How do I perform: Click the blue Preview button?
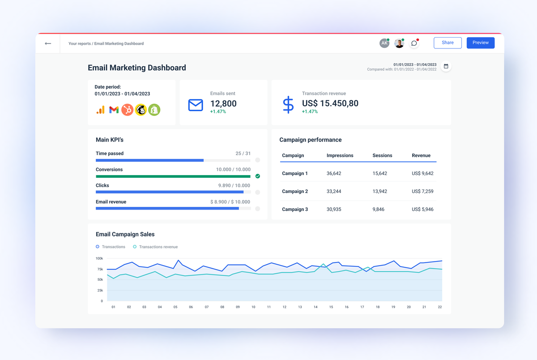(x=480, y=43)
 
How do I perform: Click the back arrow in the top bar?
(x=48, y=43)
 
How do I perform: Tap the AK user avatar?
(x=384, y=43)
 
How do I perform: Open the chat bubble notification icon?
(x=414, y=43)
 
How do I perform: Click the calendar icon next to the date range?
(x=446, y=66)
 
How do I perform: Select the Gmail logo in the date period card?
(x=114, y=110)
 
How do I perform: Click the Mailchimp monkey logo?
(x=141, y=110)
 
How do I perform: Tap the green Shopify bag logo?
(x=154, y=110)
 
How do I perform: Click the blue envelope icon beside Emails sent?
(x=196, y=105)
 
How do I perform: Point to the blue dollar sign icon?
(x=288, y=104)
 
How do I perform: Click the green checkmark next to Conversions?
(x=258, y=176)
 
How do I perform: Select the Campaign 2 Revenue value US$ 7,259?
(x=422, y=191)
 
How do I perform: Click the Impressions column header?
(x=340, y=155)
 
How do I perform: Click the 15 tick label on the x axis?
(x=331, y=307)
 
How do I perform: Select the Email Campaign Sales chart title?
(x=125, y=234)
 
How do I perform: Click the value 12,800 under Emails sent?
(x=223, y=103)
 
